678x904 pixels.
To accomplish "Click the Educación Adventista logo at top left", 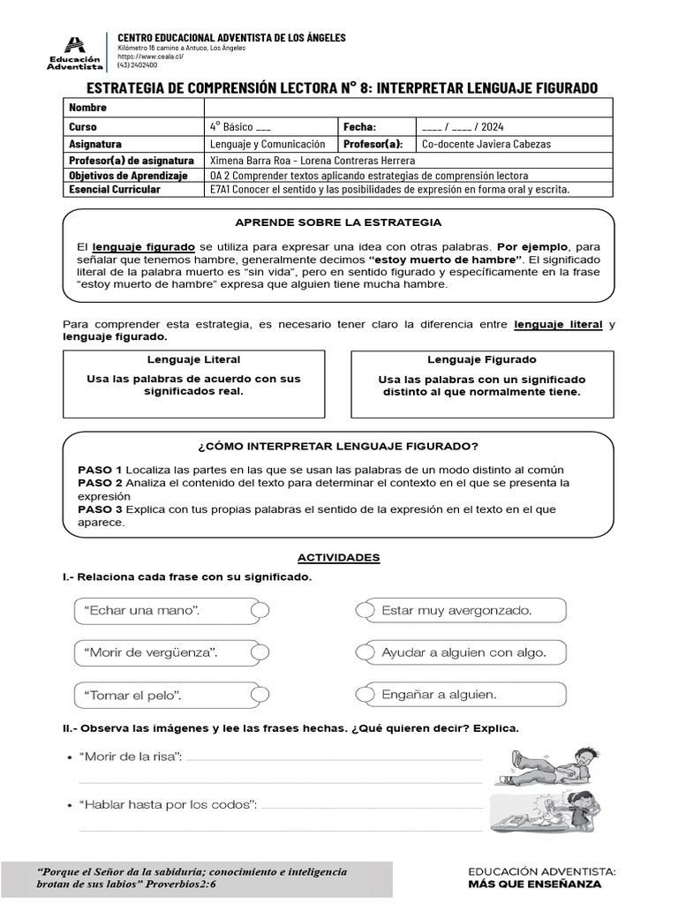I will click(x=75, y=52).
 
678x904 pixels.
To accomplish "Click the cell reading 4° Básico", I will click(x=241, y=126).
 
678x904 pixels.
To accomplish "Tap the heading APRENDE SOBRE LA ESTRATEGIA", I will click(x=338, y=222).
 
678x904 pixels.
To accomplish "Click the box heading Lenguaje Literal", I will click(x=193, y=360).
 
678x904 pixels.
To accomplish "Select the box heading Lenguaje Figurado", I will click(x=482, y=360).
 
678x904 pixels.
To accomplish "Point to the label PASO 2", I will click(x=100, y=483).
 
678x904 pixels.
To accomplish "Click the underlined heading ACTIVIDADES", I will click(x=338, y=558).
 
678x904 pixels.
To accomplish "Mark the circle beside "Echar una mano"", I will click(x=260, y=610).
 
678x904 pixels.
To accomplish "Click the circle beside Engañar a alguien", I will click(x=364, y=695).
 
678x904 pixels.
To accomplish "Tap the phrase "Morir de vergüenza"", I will click(x=151, y=652).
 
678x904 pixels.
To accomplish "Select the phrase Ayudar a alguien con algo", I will click(x=463, y=652).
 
